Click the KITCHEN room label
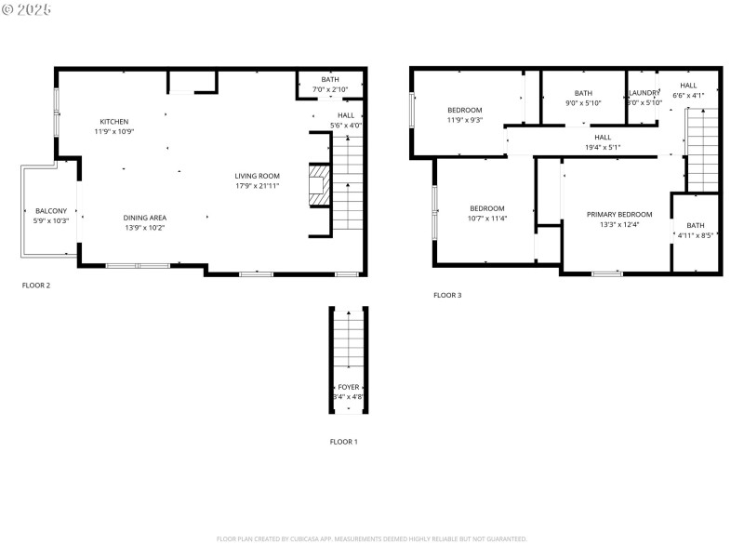tap(114, 122)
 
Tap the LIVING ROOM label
tap(257, 176)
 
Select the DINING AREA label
tap(145, 218)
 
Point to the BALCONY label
tap(51, 211)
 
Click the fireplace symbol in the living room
tap(319, 187)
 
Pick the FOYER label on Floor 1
tap(349, 387)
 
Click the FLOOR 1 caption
tap(343, 442)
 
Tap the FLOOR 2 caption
tap(36, 286)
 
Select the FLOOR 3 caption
tap(447, 296)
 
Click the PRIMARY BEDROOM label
tap(619, 214)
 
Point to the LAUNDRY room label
tap(644, 93)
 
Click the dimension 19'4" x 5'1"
tap(603, 147)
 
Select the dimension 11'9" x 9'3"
tap(464, 120)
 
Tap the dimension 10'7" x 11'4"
tap(486, 219)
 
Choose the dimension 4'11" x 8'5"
tap(696, 236)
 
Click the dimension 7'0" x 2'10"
tap(330, 89)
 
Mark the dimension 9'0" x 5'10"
tap(583, 103)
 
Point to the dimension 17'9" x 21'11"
tap(257, 186)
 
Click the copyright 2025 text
tap(27, 8)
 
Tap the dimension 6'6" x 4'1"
tap(688, 96)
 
